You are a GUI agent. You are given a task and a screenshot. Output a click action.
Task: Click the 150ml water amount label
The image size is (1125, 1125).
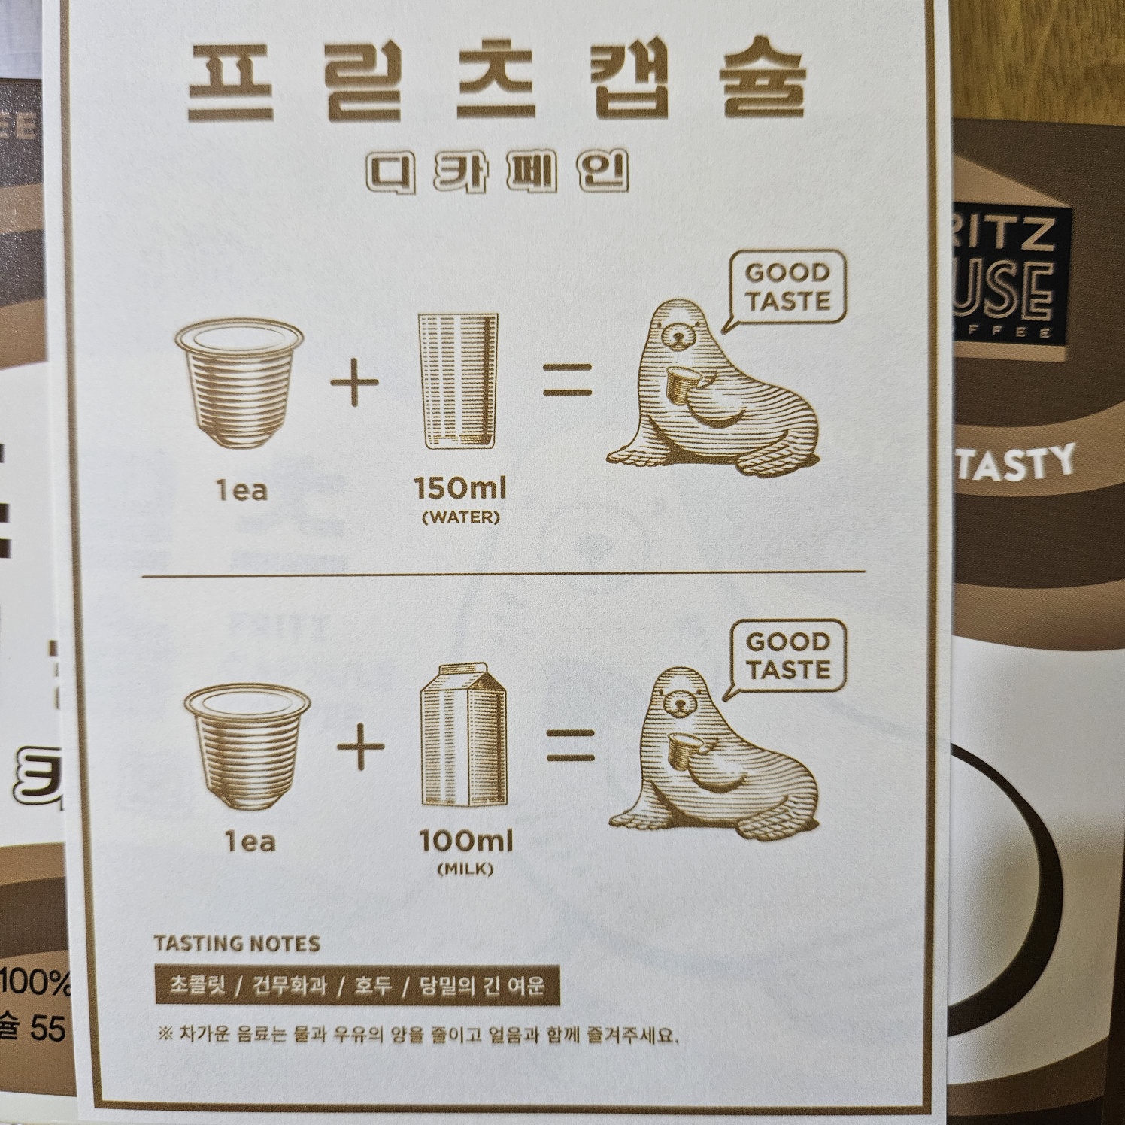(460, 489)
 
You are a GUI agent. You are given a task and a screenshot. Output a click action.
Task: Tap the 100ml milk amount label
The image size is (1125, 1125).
(466, 840)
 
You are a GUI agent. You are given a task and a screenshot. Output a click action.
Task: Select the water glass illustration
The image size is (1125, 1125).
(458, 382)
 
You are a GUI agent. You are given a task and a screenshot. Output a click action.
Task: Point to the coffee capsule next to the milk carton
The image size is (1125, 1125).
(247, 744)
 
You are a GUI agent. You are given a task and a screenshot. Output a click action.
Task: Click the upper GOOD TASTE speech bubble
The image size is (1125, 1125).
(787, 287)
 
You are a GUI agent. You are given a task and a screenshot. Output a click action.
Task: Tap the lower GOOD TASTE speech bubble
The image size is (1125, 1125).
(787, 656)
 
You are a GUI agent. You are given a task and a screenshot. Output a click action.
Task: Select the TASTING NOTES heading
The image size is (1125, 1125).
(237, 943)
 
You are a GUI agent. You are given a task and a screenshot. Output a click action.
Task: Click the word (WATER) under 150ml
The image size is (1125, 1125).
(460, 518)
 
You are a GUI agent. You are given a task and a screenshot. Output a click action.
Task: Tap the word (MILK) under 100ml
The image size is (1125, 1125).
(465, 869)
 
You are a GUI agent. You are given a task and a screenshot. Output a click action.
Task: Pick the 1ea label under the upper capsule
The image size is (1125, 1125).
(241, 491)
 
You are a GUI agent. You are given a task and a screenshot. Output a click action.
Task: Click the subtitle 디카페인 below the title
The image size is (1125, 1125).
(496, 172)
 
